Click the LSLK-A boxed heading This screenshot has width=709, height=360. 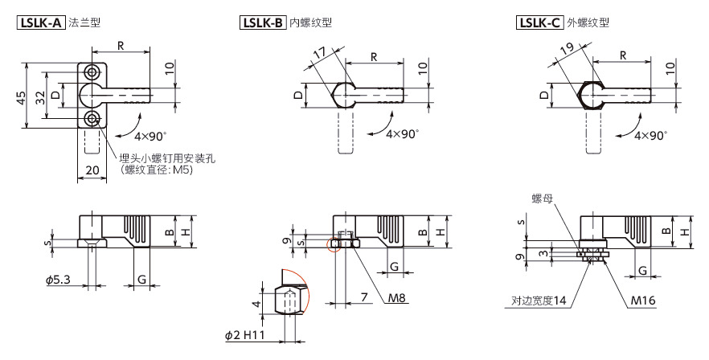[x=41, y=22]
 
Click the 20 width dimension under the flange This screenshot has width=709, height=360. [x=91, y=170]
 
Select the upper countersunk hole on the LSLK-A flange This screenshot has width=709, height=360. [x=94, y=72]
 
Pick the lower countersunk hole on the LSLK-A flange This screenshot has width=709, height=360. [x=94, y=120]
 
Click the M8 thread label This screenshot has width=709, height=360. [x=395, y=298]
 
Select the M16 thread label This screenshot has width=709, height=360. [x=640, y=300]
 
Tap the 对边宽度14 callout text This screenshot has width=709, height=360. [x=539, y=301]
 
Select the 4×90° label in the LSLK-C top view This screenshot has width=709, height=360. [x=650, y=135]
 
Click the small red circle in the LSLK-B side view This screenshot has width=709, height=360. [x=335, y=243]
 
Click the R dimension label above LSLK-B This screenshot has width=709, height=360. [x=375, y=55]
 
